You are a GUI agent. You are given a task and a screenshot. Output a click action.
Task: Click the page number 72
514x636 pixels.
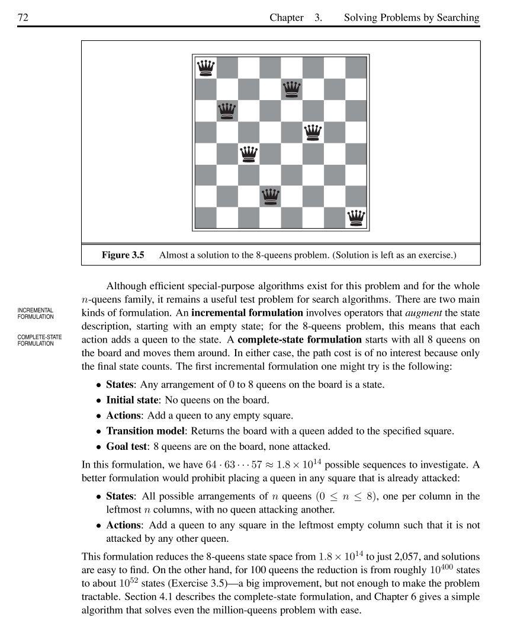pos(24,18)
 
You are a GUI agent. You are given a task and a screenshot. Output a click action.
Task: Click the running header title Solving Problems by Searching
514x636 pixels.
pos(412,18)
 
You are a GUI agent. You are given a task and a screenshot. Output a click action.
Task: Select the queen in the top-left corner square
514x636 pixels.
pos(205,68)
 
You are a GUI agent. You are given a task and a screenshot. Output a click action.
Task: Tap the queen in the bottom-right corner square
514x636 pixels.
pos(356,218)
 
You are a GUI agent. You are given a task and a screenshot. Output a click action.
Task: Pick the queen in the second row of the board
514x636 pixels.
pos(291,90)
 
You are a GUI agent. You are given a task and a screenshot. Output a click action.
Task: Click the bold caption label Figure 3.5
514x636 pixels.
pos(123,255)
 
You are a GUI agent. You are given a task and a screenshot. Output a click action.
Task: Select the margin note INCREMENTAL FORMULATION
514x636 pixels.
pos(36,313)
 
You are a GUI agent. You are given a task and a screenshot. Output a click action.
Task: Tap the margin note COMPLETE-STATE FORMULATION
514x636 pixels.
pos(39,340)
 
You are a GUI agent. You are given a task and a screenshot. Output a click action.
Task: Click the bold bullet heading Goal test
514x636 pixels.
pos(126,446)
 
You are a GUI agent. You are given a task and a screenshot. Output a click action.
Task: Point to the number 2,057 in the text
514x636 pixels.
pos(392,557)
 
